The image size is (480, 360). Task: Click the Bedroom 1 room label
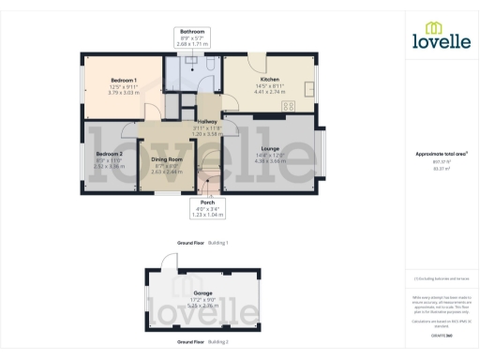tap(124, 82)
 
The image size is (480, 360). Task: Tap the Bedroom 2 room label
tap(109, 153)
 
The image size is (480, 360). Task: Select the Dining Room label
tap(167, 159)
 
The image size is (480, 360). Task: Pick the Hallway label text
tap(205, 122)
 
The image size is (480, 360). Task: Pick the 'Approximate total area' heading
tap(440, 154)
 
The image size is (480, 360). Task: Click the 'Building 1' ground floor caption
tap(217, 243)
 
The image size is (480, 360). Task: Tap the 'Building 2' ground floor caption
tap(217, 342)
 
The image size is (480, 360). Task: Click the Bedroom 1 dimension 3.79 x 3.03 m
tap(124, 93)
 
